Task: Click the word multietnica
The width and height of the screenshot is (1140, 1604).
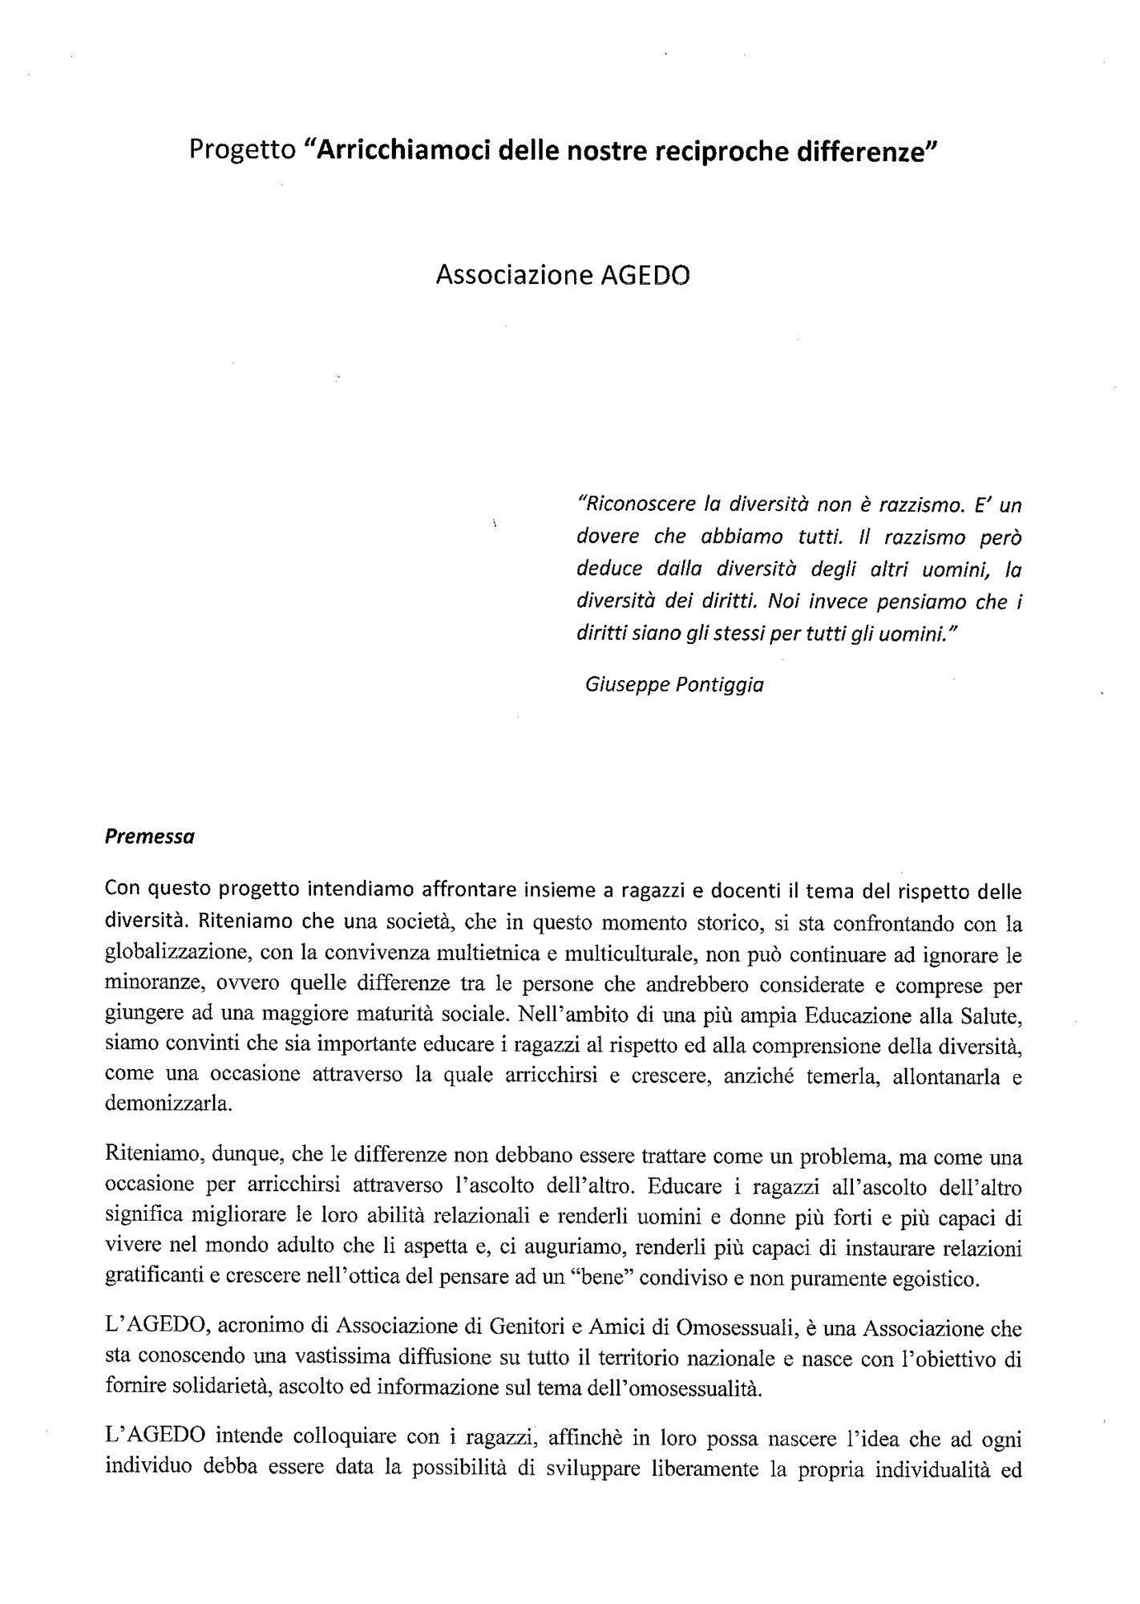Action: click(x=477, y=955)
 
